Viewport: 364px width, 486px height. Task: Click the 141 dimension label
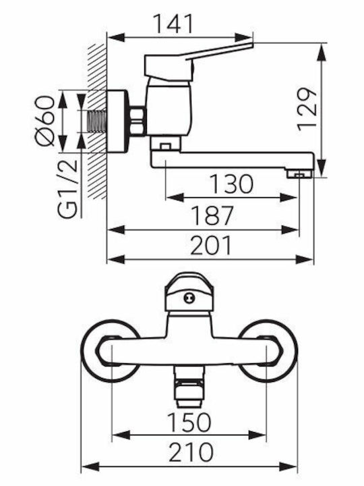point(173,23)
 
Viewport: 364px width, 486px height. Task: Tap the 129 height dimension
point(307,109)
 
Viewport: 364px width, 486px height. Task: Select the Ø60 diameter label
point(45,121)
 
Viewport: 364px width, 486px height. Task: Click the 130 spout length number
point(231,184)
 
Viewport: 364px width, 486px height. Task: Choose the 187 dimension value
point(212,216)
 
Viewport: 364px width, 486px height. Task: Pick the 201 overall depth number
point(210,245)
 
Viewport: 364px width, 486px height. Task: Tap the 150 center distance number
point(189,422)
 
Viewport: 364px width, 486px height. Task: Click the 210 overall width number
point(191,452)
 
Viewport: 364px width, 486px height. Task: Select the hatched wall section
point(96,122)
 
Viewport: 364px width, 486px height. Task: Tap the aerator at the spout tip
point(299,174)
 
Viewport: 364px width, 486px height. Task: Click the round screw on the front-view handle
point(189,298)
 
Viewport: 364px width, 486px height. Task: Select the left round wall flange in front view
point(111,350)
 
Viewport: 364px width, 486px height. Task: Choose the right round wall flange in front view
point(268,350)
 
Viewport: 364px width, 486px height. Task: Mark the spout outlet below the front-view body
point(188,387)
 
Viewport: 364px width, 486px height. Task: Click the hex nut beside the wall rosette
point(137,121)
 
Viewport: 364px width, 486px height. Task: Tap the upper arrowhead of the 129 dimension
point(322,52)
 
